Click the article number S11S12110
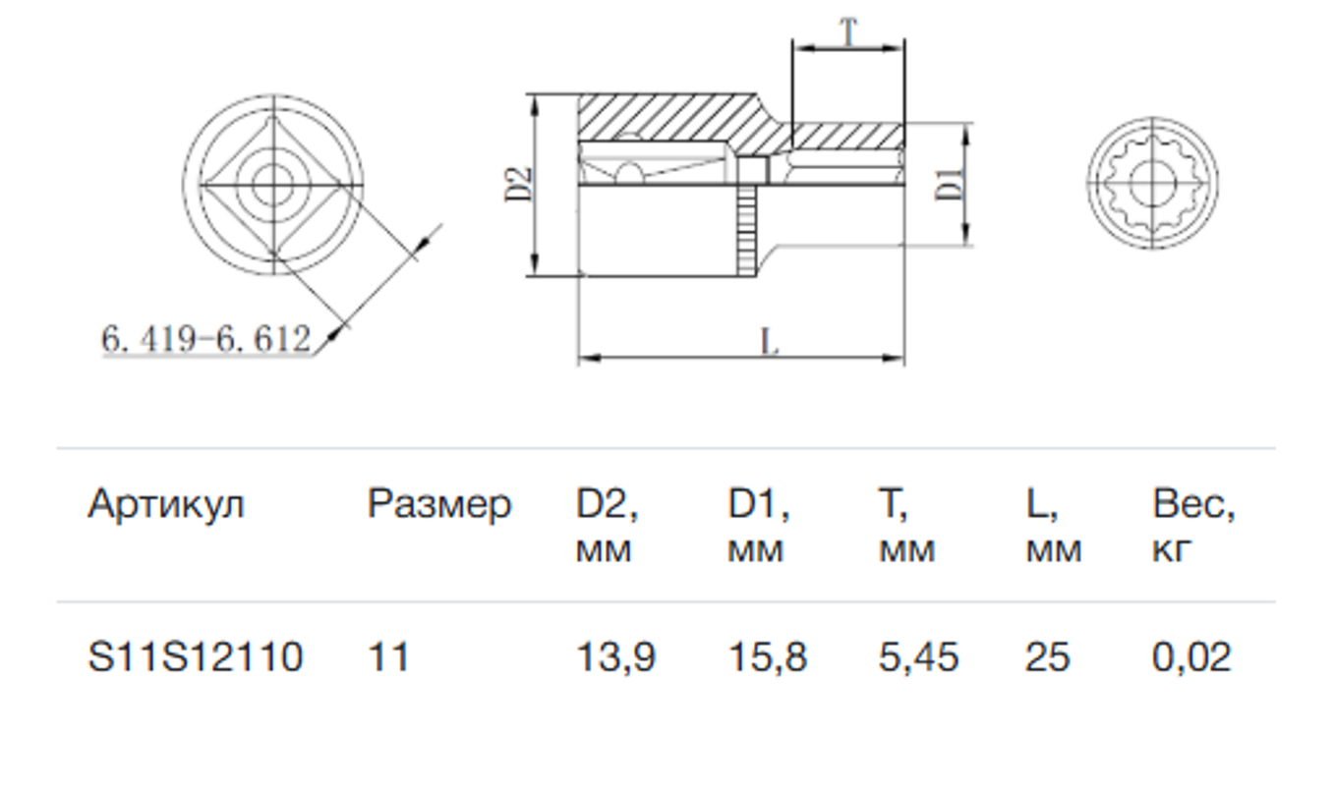click(196, 657)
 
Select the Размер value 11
click(388, 657)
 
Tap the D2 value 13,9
click(615, 657)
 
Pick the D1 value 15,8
click(768, 657)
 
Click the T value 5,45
click(918, 657)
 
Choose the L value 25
click(1048, 657)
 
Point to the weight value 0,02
click(1191, 657)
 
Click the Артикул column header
click(166, 505)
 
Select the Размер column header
click(439, 505)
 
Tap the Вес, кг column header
click(1193, 525)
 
